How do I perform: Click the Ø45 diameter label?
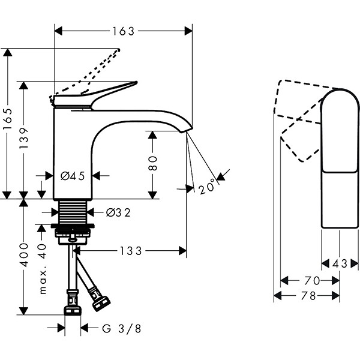[72, 176]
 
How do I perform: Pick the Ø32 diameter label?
[119, 212]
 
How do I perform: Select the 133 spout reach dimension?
[130, 251]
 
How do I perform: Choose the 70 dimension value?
[310, 280]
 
